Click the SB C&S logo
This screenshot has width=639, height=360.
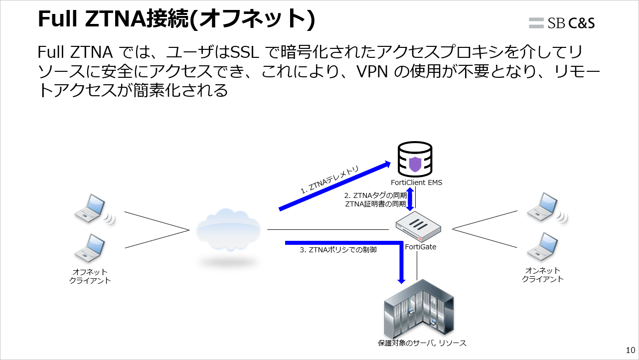click(x=562, y=22)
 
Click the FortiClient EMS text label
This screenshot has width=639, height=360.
click(x=416, y=182)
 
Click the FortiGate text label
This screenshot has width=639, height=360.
click(x=421, y=246)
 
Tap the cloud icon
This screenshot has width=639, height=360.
click(x=228, y=231)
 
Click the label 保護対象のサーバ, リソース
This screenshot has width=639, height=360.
click(x=422, y=343)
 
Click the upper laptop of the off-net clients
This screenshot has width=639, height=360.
click(x=91, y=208)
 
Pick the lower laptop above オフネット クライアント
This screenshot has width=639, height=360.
click(x=90, y=248)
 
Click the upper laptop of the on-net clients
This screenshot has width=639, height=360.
click(x=544, y=206)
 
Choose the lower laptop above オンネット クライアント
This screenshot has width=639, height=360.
click(x=543, y=246)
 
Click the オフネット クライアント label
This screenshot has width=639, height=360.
click(x=90, y=276)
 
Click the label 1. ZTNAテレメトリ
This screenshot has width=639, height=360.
click(x=329, y=180)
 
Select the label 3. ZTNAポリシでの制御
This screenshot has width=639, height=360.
click(x=338, y=250)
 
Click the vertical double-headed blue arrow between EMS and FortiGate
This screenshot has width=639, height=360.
click(x=411, y=199)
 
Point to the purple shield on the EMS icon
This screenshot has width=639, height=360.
click(x=415, y=164)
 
